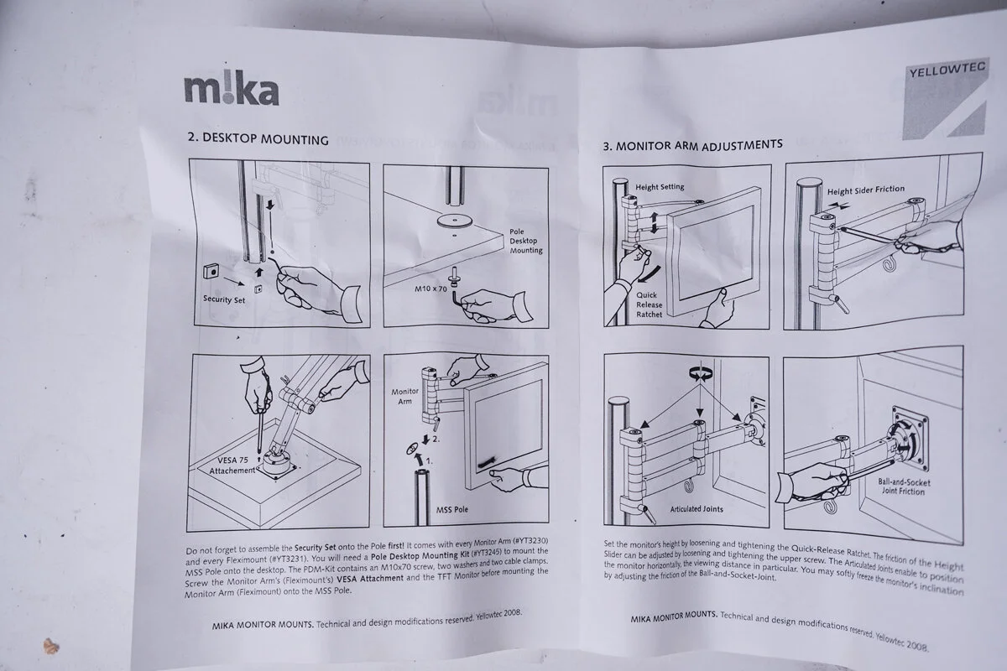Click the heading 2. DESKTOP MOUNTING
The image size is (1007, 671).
(258, 138)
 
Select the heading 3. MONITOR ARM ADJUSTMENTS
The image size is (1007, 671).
(692, 144)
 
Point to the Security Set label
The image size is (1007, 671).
(224, 299)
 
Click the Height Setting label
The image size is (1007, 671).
(660, 186)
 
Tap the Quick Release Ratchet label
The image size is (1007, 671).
(648, 305)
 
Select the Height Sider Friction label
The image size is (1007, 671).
(866, 190)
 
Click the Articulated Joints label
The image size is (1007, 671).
(697, 509)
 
